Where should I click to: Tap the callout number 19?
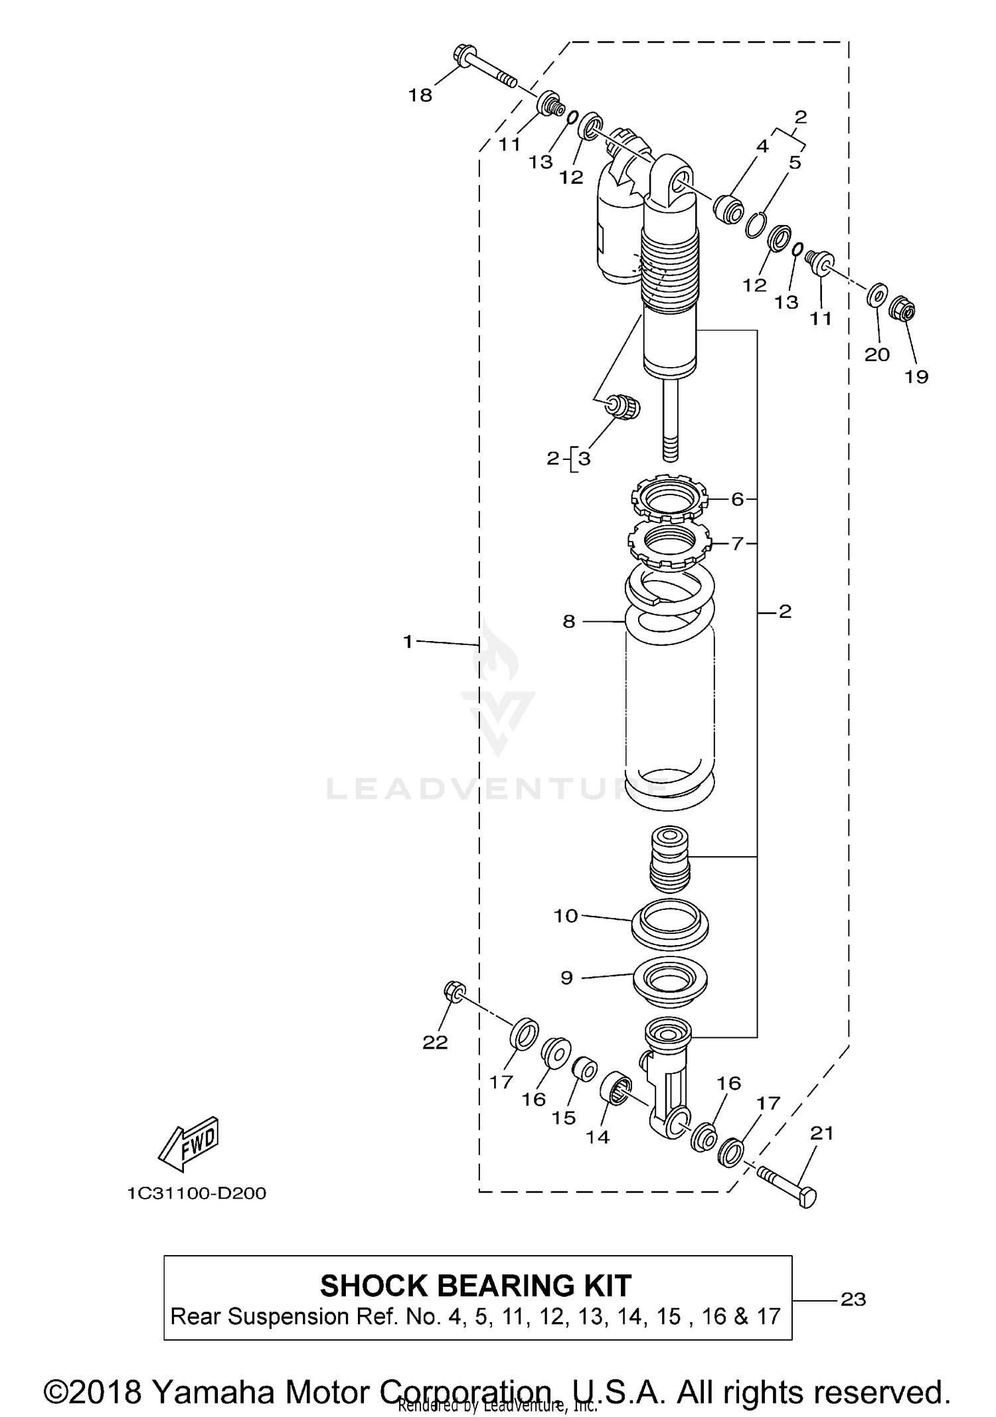916,376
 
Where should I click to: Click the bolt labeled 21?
788,1185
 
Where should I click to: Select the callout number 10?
566,916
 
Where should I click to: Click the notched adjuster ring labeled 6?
670,499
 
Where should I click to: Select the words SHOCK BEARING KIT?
475,1286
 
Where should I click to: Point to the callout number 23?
853,1299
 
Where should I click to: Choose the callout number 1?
408,641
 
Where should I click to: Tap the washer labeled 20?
878,294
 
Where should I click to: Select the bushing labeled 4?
728,209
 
